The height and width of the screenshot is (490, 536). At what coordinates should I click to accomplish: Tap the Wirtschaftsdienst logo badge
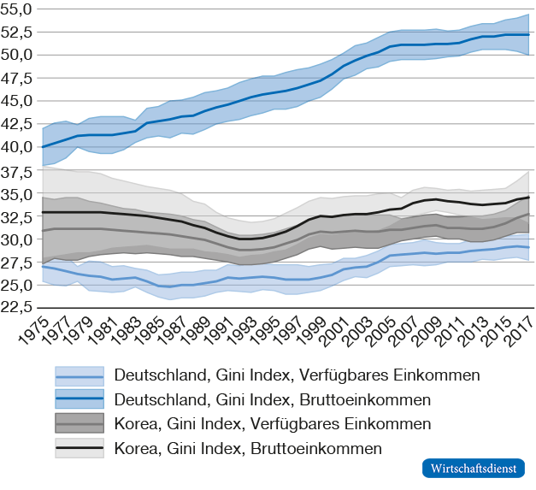click(474, 469)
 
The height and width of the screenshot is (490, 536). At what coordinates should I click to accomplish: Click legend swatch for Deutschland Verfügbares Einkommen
click(79, 376)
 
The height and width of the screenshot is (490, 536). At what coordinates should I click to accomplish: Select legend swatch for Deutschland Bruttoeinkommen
click(79, 400)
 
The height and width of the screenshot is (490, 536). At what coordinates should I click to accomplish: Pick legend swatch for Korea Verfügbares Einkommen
click(79, 424)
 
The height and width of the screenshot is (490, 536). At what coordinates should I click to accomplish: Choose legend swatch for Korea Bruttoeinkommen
click(79, 448)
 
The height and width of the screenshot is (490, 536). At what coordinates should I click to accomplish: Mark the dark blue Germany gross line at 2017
click(528, 35)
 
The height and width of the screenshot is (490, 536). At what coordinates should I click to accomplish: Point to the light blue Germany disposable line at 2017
click(528, 247)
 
